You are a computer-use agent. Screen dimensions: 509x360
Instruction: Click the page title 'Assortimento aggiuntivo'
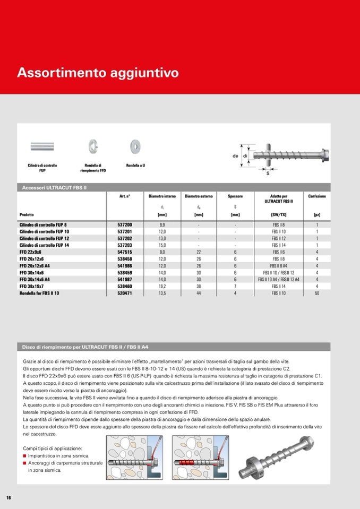point(98,73)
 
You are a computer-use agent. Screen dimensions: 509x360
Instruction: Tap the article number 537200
point(125,225)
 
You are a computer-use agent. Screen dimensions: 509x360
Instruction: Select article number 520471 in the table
point(125,292)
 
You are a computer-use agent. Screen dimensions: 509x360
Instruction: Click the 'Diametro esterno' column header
point(199,196)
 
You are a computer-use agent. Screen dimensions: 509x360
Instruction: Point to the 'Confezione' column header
point(317,196)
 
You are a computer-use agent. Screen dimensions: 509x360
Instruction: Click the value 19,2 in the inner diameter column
point(162,286)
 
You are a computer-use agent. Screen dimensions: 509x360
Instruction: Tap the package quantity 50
point(317,292)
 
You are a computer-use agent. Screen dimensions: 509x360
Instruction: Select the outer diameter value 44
point(199,292)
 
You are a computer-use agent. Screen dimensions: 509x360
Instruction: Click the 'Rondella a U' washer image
point(135,146)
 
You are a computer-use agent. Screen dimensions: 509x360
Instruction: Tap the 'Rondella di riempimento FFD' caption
point(93,168)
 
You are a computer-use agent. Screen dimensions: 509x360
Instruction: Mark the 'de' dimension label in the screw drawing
point(235,156)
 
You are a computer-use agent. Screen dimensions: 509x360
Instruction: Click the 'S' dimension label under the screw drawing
point(269,173)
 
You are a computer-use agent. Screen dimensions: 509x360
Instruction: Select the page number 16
point(8,497)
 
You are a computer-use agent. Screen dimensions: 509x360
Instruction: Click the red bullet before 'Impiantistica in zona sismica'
point(24,456)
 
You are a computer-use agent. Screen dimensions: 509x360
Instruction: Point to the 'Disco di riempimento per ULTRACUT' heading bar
point(85,347)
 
